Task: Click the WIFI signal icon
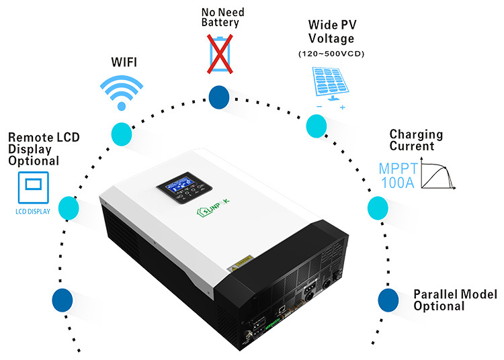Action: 122,91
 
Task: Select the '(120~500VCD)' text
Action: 329,53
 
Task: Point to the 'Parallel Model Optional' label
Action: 455,300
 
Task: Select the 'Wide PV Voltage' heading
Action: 329,32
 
